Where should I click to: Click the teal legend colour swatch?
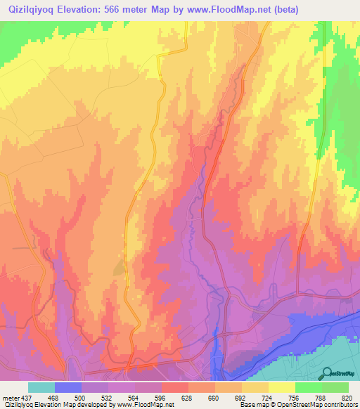pos(41,387)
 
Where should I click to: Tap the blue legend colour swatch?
pos(68,387)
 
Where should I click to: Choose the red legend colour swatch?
pos(175,387)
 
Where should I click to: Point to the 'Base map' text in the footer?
pos(252,405)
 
